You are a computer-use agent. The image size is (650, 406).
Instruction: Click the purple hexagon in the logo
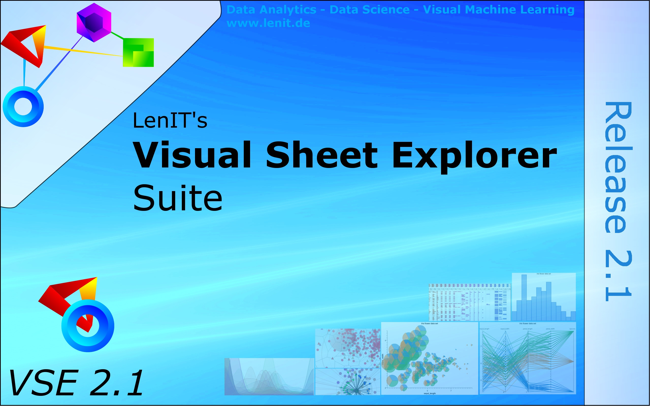[94, 23]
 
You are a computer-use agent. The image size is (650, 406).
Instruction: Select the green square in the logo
[138, 52]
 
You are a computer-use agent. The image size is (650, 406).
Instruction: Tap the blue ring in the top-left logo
[23, 107]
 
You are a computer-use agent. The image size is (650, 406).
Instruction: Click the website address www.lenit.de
[268, 23]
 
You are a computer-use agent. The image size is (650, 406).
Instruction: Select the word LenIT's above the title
[170, 120]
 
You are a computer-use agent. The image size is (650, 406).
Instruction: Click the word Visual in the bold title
[192, 155]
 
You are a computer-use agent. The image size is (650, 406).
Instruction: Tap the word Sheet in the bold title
[321, 155]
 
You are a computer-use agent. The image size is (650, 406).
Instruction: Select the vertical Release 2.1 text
[618, 201]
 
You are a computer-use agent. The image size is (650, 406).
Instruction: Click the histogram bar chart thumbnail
[544, 297]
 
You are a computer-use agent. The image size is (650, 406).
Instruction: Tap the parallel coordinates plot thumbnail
[528, 359]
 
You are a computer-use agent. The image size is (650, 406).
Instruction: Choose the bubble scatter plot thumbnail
[430, 359]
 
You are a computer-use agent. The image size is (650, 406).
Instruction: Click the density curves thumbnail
[269, 377]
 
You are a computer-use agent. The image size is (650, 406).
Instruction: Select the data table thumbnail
[469, 302]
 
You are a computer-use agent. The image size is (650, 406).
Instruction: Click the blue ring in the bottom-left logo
[88, 326]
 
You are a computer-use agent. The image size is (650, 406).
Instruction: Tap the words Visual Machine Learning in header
[498, 10]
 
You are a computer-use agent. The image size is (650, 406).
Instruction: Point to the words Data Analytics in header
[271, 10]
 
